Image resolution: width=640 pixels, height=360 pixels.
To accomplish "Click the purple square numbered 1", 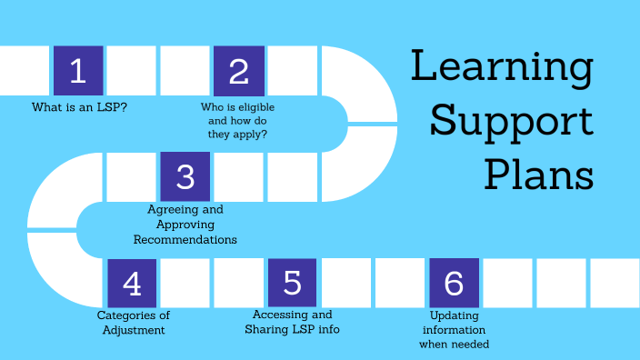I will (x=78, y=71).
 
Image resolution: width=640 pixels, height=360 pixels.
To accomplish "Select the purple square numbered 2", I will (x=239, y=71).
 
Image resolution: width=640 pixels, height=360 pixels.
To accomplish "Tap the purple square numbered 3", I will (x=185, y=176).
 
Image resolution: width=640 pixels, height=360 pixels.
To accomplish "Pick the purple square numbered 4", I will (x=132, y=283).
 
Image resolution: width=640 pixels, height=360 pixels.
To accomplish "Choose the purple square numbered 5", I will (x=293, y=283).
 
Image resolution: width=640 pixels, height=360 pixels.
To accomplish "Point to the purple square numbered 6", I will (x=454, y=283).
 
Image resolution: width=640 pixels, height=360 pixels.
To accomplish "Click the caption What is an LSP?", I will (x=79, y=107).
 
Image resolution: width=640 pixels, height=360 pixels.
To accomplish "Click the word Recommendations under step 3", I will (x=185, y=240).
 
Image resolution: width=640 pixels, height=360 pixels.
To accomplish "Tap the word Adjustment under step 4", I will (x=133, y=330).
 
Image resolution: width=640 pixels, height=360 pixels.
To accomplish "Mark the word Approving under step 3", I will (x=185, y=225).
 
